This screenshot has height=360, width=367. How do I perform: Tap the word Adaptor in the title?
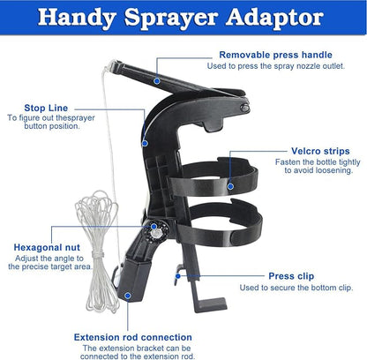click(x=274, y=18)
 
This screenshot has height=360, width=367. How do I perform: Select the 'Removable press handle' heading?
click(x=275, y=55)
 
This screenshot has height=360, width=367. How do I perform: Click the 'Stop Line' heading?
click(x=46, y=108)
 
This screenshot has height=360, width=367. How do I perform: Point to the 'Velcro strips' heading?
click(x=320, y=151)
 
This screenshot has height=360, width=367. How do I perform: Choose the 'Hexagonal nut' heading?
click(x=47, y=247)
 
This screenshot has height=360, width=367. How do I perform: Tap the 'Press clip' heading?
click(x=291, y=276)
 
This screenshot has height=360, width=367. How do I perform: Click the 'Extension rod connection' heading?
click(x=133, y=337)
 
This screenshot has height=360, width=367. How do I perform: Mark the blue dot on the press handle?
click(x=157, y=80)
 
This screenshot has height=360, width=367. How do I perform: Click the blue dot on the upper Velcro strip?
click(x=230, y=186)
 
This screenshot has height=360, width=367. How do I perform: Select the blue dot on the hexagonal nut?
click(x=154, y=227)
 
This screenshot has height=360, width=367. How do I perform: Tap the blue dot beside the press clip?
click(x=178, y=276)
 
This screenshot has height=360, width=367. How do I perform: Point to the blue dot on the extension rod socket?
click(x=128, y=296)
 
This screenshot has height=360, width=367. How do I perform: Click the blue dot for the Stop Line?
click(x=145, y=143)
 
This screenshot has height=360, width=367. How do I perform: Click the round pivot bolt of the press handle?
click(x=244, y=108)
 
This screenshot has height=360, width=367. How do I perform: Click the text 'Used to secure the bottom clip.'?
click(x=296, y=288)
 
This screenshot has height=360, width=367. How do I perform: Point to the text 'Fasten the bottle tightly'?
click(x=318, y=162)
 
